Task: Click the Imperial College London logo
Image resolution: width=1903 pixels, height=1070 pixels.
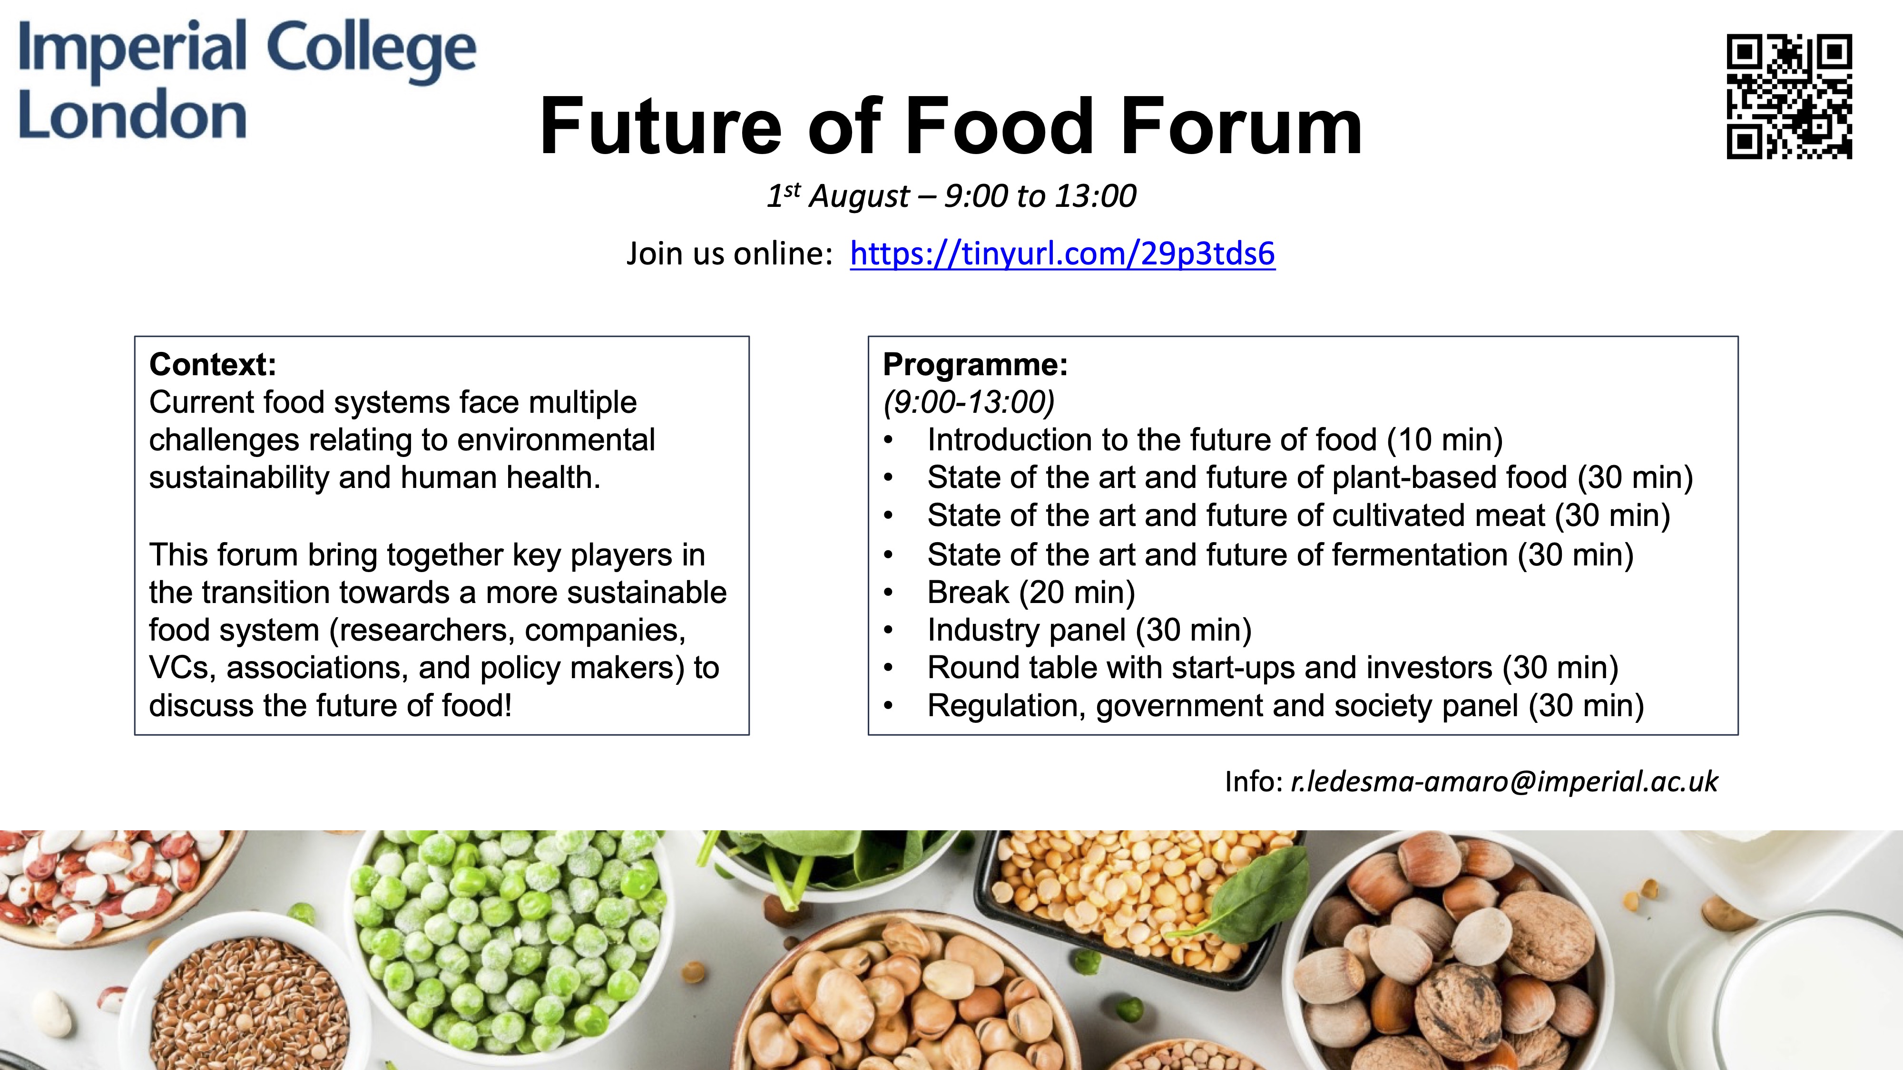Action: click(247, 80)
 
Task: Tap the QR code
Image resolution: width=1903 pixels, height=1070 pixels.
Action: click(1789, 97)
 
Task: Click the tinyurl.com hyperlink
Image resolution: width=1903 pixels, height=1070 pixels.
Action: click(1062, 253)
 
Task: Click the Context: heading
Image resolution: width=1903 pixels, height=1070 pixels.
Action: click(213, 364)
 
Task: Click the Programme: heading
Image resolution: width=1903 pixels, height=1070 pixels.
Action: click(976, 364)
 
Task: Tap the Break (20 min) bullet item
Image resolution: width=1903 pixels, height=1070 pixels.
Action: click(1031, 592)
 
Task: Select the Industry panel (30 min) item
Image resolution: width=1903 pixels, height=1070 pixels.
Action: click(1089, 630)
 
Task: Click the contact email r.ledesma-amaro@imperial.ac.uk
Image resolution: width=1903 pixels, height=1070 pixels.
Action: click(1504, 781)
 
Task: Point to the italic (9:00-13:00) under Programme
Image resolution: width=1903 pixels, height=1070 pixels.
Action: click(969, 402)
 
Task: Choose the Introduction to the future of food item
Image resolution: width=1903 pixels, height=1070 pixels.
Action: click(1215, 440)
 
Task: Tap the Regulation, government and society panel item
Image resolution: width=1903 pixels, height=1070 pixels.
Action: click(1285, 706)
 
